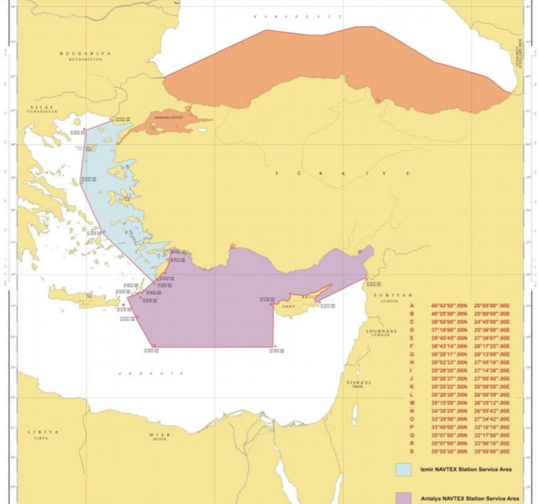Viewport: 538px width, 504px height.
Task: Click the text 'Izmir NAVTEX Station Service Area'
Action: tap(464, 469)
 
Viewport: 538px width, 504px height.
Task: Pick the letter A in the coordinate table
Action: tap(411, 306)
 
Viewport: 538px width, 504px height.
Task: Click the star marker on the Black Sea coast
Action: tap(378, 100)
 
